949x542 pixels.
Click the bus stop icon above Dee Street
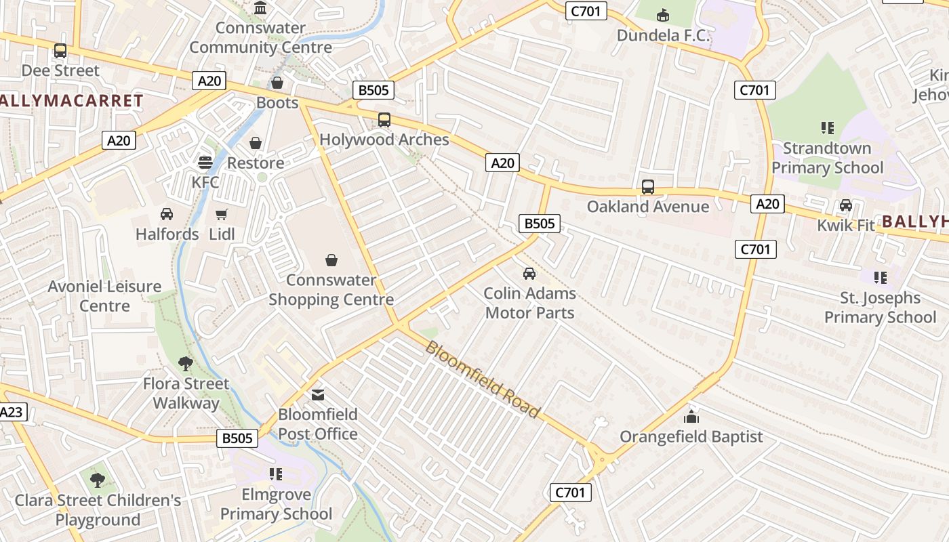tap(60, 51)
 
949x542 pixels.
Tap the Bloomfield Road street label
tap(482, 379)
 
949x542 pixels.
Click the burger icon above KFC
tap(205, 163)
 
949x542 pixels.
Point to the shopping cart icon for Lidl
tap(222, 215)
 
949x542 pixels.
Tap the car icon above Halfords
tap(167, 214)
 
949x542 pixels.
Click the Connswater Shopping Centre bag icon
tap(331, 260)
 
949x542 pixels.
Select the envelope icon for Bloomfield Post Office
tap(318, 394)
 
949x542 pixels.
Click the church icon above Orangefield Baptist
tap(691, 417)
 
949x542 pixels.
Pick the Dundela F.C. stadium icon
tap(663, 14)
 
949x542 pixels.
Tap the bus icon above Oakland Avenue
tap(648, 186)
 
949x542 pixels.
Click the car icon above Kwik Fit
tap(846, 205)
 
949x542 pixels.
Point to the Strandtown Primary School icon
tap(827, 127)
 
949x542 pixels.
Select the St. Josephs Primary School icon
tap(881, 277)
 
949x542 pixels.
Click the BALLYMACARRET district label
tap(70, 102)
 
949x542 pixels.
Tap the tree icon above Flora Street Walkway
tap(186, 364)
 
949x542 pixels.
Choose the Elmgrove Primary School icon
tap(276, 474)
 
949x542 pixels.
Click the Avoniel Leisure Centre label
tap(104, 296)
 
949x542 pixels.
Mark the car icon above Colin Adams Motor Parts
tap(529, 274)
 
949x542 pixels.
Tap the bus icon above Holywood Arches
tap(384, 120)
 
